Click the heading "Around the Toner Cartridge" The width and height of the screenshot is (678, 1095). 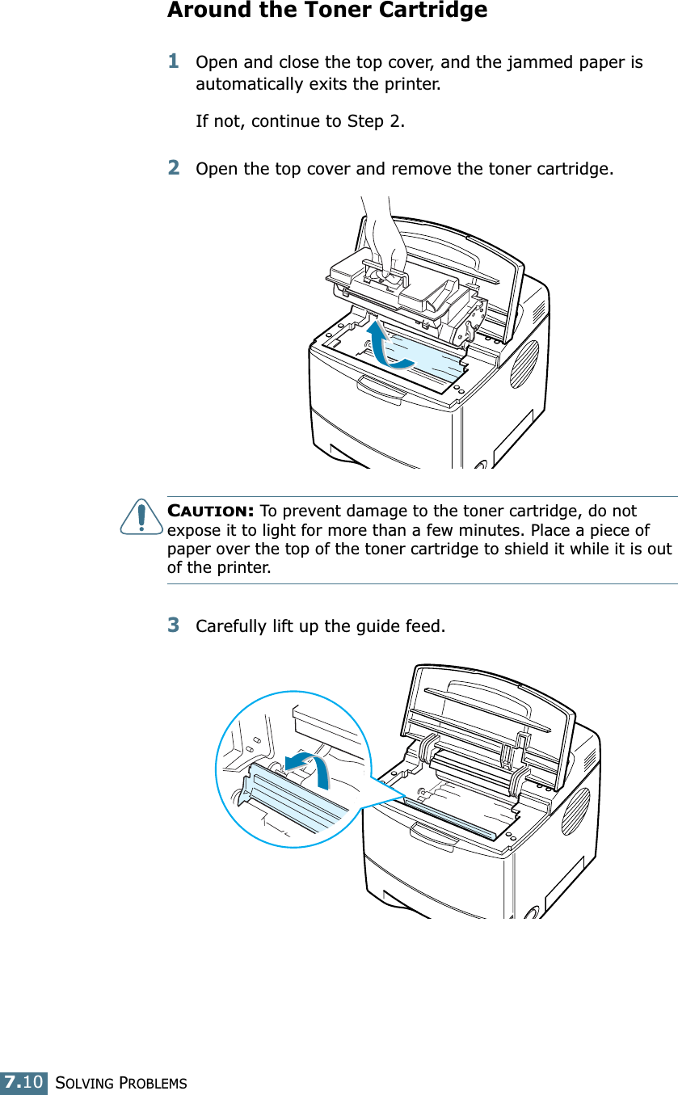tap(327, 11)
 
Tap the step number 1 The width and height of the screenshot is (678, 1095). tap(174, 61)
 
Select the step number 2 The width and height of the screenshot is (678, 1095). tap(174, 167)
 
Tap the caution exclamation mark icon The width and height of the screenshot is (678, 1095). tap(141, 517)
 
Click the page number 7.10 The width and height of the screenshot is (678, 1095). tap(23, 1081)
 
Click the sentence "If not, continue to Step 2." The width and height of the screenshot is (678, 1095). tap(301, 121)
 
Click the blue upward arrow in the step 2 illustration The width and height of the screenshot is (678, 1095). tap(384, 343)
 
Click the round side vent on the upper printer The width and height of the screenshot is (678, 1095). tap(524, 364)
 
